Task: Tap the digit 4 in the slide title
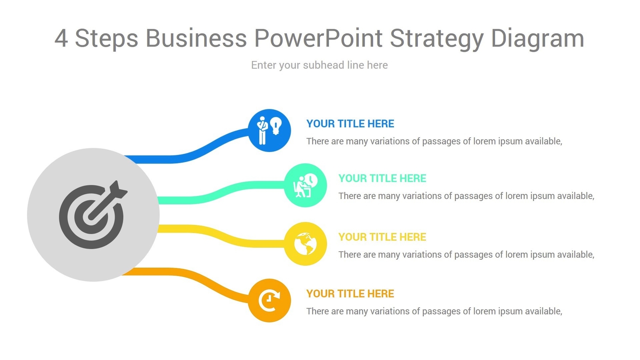pos(61,38)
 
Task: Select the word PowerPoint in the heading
pos(318,38)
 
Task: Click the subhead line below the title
pos(319,65)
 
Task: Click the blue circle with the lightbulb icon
pos(269,131)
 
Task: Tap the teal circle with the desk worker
pos(305,185)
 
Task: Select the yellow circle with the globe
pos(305,244)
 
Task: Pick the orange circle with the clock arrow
pos(269,300)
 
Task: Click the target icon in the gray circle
pos(93,215)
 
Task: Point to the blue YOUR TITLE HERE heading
pos(350,124)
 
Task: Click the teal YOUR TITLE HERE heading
pos(382,178)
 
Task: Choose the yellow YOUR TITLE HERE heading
pos(382,237)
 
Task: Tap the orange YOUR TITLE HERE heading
pos(350,294)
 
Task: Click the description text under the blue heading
pos(434,141)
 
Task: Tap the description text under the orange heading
pos(434,311)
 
